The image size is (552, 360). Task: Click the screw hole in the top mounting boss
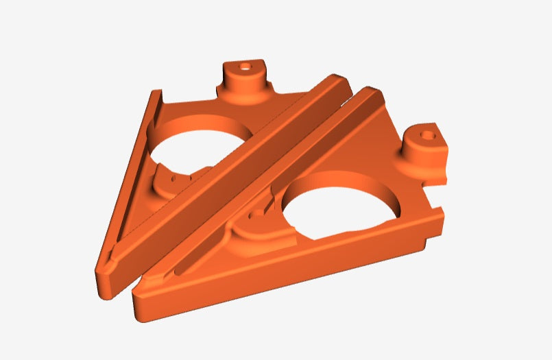point(245,68)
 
